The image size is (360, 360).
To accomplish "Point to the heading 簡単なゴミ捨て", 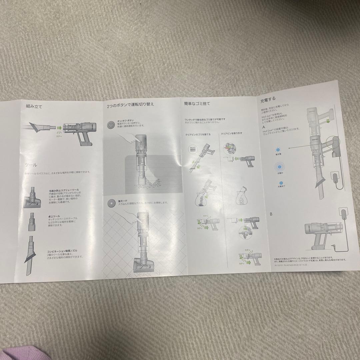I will pyautogui.click(x=197, y=104).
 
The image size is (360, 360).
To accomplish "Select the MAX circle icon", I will pyautogui.click(x=192, y=149).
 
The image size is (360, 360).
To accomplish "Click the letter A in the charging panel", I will pyautogui.click(x=264, y=127).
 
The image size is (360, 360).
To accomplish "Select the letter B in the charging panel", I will pyautogui.click(x=271, y=214).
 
